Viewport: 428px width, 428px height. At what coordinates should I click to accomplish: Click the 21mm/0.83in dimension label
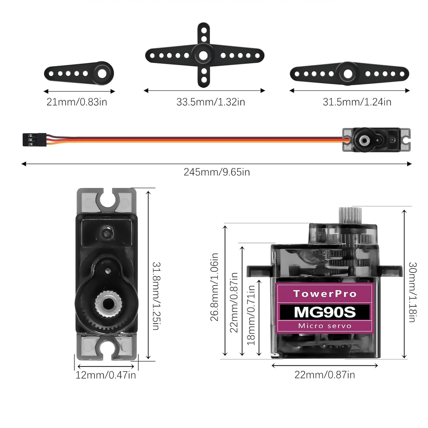click(x=77, y=102)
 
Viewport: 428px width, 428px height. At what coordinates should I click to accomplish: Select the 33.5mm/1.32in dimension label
click(x=211, y=102)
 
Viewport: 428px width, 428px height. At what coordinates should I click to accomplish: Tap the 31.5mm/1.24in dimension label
click(x=357, y=102)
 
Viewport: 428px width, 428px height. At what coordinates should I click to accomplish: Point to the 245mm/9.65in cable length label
click(x=217, y=172)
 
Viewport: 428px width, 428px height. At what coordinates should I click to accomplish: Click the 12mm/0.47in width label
click(x=106, y=375)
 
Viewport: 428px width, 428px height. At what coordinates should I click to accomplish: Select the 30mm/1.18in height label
click(x=412, y=292)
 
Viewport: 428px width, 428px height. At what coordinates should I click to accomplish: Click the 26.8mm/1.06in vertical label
click(x=214, y=286)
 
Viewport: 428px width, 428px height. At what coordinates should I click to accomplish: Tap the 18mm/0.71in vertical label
click(x=251, y=315)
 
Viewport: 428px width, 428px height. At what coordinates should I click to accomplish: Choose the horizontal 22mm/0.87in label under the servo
click(x=325, y=375)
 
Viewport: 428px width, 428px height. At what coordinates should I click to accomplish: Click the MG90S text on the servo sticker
click(x=325, y=312)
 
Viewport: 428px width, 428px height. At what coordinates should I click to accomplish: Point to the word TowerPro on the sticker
click(x=325, y=293)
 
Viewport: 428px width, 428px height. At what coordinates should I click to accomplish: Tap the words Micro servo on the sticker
click(x=325, y=326)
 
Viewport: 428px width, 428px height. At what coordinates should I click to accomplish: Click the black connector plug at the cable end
click(x=34, y=139)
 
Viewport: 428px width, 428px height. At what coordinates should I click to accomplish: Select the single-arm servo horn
click(x=79, y=73)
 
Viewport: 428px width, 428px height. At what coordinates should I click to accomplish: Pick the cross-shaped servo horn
click(x=204, y=55)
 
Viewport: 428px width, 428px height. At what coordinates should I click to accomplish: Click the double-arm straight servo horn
click(x=349, y=74)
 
